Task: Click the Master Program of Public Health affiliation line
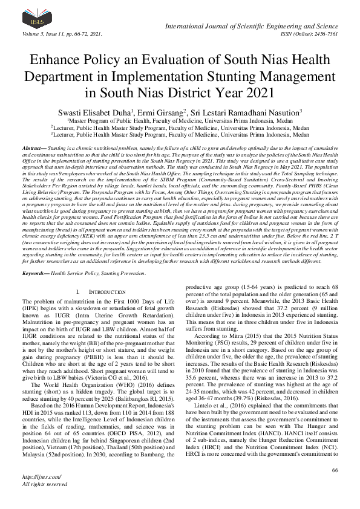(181, 121)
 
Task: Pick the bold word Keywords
(34, 273)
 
